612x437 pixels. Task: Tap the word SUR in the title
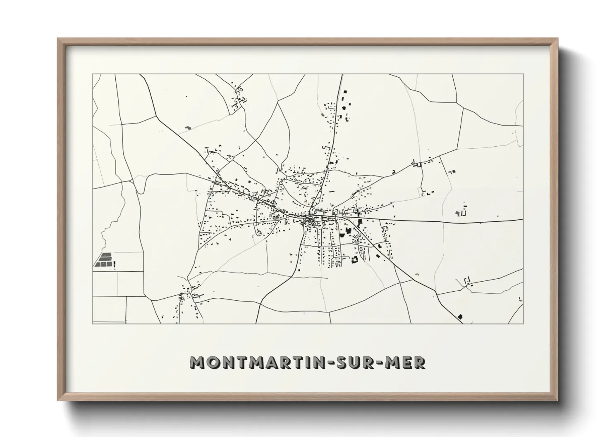pyautogui.click(x=362, y=362)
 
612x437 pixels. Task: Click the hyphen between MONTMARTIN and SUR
pyautogui.click(x=339, y=362)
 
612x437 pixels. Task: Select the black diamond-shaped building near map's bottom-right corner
pyautogui.click(x=461, y=316)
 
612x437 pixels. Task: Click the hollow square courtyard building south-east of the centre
pyautogui.click(x=354, y=259)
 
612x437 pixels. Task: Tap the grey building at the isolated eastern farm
pyautogui.click(x=457, y=212)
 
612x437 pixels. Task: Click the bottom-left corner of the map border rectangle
pyautogui.click(x=92, y=323)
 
